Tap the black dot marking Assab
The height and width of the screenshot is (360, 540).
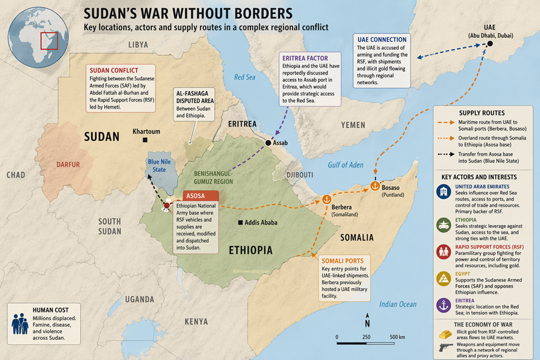tap(268, 143)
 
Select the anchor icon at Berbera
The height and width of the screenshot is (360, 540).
tap(325, 199)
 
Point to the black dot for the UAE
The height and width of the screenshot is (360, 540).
tap(490, 44)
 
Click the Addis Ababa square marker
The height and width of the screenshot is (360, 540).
tap(241, 223)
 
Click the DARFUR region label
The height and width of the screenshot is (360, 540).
tap(68, 165)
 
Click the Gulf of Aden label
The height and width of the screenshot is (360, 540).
tap(345, 165)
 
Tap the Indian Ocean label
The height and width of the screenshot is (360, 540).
tap(397, 304)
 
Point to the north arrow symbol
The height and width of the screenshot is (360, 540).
tap(367, 320)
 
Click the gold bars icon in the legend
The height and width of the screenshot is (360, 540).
tap(445, 333)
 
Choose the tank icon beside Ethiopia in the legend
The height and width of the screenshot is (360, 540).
tap(445, 225)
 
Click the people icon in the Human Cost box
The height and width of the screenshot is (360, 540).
tap(20, 323)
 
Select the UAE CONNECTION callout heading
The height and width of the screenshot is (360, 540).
tap(382, 39)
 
